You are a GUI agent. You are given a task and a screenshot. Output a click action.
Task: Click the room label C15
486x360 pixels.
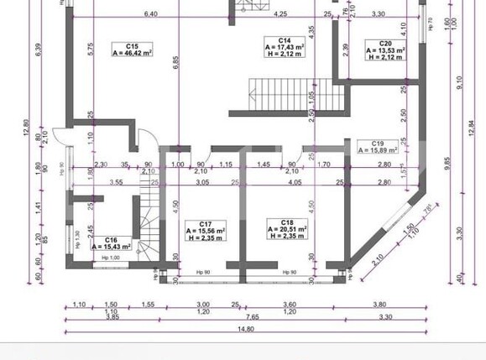pyautogui.click(x=133, y=45)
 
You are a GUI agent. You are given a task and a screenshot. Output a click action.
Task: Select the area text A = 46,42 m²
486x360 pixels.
pyautogui.click(x=133, y=53)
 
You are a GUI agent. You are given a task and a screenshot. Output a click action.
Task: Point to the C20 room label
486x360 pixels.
pyautogui.click(x=385, y=44)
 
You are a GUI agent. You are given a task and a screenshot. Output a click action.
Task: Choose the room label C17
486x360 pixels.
pyautogui.click(x=205, y=224)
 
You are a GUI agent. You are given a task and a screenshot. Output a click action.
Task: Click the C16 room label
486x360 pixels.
pyautogui.click(x=109, y=239)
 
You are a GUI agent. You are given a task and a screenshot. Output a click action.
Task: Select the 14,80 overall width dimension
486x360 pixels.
pyautogui.click(x=244, y=329)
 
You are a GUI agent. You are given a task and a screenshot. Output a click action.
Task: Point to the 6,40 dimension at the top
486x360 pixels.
pyautogui.click(x=151, y=14)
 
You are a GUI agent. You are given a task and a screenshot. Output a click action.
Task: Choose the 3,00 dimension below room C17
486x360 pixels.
pyautogui.click(x=202, y=304)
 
